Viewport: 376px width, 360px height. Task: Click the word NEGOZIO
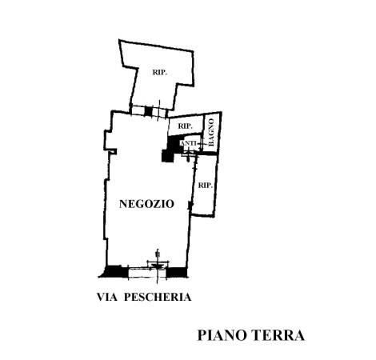(146, 204)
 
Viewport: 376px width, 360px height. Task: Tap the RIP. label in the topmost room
(160, 72)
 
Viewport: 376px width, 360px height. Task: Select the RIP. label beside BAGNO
(185, 126)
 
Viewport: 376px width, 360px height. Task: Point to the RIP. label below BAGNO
(206, 185)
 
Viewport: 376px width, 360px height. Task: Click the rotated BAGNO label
(211, 132)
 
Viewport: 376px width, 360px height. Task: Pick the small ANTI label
(189, 143)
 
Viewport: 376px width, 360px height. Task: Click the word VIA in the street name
(107, 297)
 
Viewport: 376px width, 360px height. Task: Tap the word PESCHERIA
(158, 297)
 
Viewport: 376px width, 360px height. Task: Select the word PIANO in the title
(222, 335)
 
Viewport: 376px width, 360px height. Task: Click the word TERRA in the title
(278, 335)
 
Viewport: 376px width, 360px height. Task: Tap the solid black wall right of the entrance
(176, 272)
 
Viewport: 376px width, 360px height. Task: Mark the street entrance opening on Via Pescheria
(147, 273)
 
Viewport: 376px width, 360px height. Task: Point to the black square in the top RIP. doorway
(148, 111)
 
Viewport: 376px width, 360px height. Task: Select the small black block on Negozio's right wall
(190, 205)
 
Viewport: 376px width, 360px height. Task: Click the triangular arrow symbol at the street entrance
(157, 266)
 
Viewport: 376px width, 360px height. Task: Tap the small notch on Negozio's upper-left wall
(114, 151)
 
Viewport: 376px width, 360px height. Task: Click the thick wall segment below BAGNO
(209, 153)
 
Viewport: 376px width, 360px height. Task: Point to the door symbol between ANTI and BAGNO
(201, 144)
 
